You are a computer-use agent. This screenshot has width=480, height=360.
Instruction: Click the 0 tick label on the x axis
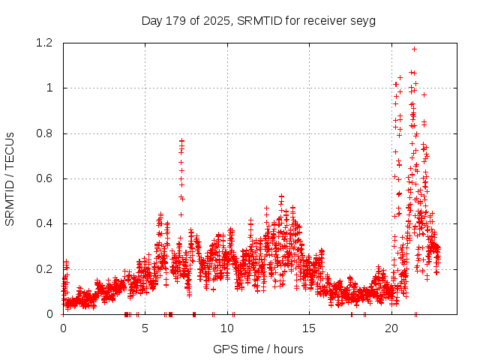(x=63, y=328)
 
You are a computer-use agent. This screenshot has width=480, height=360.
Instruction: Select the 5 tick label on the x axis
(x=145, y=328)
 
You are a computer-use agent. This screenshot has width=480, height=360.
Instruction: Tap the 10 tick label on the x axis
(x=227, y=328)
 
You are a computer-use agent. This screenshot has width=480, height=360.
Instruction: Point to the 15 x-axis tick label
(x=310, y=328)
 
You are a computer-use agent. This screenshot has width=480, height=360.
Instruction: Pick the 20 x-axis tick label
(x=391, y=328)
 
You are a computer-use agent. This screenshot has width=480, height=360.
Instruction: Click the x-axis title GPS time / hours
(x=258, y=349)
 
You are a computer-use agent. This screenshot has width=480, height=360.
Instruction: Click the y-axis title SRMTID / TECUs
(x=10, y=178)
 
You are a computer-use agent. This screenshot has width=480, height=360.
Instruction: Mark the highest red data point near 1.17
(x=414, y=49)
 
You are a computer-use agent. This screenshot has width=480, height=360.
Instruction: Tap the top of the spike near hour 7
(x=181, y=140)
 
